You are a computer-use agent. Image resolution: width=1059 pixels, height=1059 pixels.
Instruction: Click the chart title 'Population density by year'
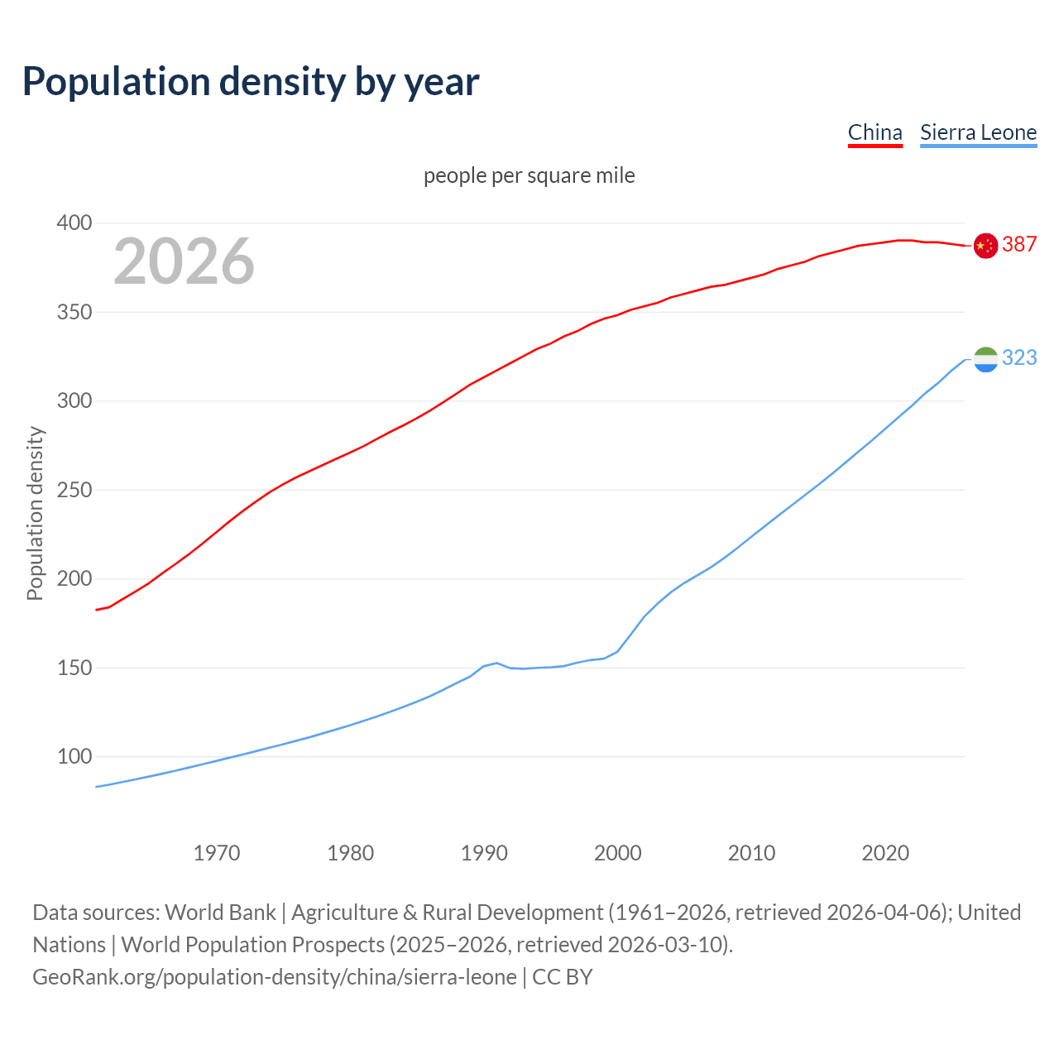(251, 82)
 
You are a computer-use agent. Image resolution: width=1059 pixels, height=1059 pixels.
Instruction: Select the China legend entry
(875, 132)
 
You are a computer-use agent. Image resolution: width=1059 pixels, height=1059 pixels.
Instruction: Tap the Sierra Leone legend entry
(978, 132)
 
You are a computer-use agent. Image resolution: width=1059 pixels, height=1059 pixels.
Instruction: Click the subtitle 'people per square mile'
(529, 175)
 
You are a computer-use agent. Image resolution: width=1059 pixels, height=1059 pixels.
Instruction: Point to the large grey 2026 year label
(184, 261)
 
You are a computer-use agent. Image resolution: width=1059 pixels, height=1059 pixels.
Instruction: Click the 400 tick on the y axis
(74, 223)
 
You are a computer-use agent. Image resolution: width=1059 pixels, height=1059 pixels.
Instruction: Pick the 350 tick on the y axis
(74, 313)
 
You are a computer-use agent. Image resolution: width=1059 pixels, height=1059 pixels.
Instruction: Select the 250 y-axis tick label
(74, 490)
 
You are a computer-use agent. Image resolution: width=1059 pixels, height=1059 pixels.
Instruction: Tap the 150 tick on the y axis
(74, 668)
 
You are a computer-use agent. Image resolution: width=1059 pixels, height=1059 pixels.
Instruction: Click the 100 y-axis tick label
(74, 756)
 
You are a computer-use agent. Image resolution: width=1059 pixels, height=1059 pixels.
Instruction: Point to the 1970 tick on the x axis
(217, 852)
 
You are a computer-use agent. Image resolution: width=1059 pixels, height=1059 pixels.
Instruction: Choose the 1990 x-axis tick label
(484, 852)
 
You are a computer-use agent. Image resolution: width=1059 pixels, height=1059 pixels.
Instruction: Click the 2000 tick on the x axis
(618, 852)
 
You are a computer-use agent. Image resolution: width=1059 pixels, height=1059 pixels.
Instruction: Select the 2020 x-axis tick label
(885, 852)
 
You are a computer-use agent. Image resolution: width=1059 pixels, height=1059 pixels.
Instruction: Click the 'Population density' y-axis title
(35, 513)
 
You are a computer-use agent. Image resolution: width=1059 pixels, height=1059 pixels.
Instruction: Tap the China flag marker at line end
(985, 246)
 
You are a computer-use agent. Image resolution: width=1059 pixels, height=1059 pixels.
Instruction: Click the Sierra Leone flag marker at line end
(985, 359)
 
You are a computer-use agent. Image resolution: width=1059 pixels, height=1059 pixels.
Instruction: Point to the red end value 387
(1019, 244)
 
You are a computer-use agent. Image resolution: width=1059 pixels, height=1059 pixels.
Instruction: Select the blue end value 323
(1019, 357)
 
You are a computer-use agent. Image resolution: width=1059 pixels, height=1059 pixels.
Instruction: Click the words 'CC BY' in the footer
(563, 977)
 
